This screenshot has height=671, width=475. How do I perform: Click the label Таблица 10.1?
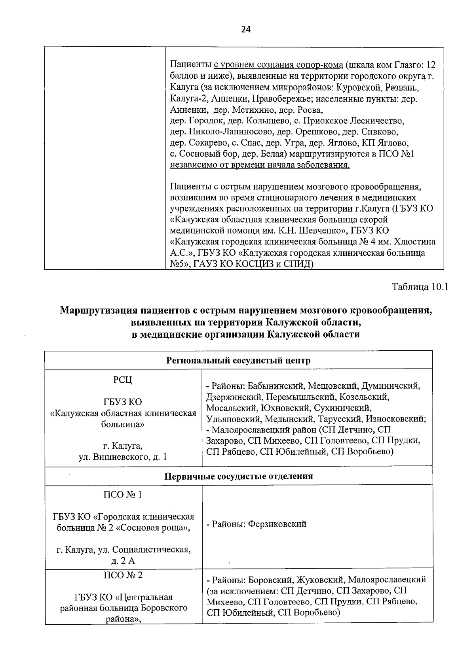pos(420,287)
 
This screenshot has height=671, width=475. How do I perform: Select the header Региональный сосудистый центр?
pos(238,360)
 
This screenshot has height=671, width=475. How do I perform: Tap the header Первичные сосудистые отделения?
pos(238,476)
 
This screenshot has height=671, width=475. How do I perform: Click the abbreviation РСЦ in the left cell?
pos(123,380)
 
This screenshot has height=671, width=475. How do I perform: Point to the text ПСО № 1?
pos(123,495)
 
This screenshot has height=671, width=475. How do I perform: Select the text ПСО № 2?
pos(123,575)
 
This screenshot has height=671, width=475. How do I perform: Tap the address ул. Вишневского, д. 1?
pos(123,457)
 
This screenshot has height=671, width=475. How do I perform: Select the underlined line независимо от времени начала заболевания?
pos(260,164)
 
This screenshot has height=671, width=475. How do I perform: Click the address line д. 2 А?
pos(123,561)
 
